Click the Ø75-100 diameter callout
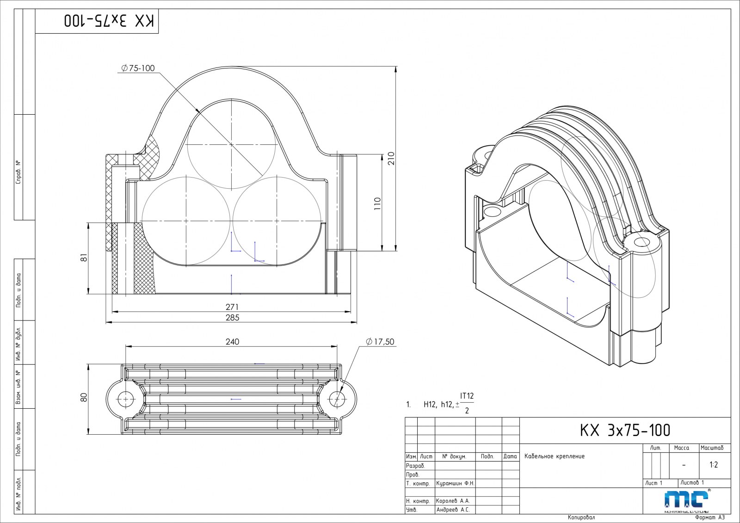(x=138, y=68)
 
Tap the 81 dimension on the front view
(x=84, y=258)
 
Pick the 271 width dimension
(x=232, y=307)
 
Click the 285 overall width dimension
(x=232, y=317)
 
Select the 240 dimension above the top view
(x=232, y=342)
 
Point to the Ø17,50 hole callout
(x=380, y=342)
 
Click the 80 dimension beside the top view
(x=84, y=398)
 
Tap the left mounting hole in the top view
(x=125, y=398)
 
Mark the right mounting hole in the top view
(x=337, y=398)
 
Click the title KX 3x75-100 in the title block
(x=625, y=431)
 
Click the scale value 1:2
(x=714, y=465)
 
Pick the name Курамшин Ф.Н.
(x=455, y=483)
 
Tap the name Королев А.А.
(x=452, y=501)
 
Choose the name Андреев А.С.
(x=452, y=510)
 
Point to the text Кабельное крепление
(x=554, y=456)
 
